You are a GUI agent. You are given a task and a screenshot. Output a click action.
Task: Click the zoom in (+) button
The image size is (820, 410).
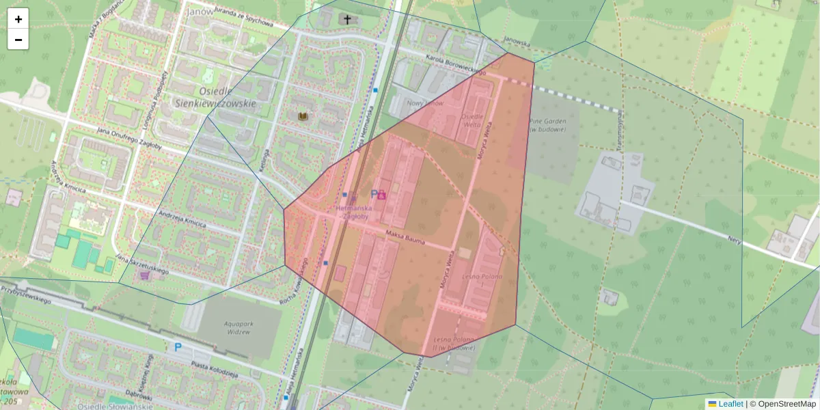18,19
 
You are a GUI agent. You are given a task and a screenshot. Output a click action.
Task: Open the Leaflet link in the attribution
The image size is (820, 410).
730,404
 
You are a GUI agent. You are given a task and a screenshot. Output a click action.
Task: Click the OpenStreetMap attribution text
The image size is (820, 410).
787,404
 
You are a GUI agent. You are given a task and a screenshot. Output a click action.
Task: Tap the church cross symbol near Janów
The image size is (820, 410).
347,19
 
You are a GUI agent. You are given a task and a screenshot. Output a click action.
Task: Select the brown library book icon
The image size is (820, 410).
303,118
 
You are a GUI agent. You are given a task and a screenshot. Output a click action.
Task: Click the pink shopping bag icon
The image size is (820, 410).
381,195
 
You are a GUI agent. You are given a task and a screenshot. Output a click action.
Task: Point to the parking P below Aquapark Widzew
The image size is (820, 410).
178,347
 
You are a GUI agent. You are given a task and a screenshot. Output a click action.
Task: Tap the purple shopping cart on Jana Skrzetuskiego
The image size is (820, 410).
144,275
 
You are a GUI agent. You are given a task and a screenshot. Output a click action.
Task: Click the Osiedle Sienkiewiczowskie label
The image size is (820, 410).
215,97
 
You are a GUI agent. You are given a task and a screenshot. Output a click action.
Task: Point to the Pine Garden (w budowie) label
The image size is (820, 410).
547,125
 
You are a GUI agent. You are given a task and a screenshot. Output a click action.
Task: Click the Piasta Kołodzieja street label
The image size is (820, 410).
215,369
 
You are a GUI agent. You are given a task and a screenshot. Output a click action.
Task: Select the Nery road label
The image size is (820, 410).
735,241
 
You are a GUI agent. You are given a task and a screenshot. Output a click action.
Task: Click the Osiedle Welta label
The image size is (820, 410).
474,120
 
